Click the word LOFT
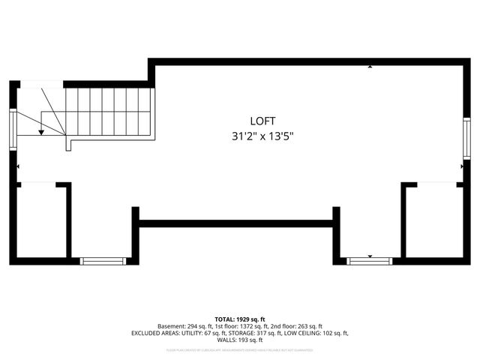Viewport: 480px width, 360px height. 262,121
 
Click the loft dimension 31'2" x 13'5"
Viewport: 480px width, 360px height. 262,136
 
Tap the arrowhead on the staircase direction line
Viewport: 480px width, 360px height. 41,132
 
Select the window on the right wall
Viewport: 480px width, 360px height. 466,137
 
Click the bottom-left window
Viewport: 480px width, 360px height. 103,261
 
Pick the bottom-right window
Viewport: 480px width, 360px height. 370,261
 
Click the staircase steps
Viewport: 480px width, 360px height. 112,111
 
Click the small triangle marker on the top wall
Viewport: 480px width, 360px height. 370,67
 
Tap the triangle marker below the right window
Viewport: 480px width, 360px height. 463,166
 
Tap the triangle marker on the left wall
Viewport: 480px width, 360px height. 17,166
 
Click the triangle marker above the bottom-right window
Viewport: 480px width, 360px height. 370,256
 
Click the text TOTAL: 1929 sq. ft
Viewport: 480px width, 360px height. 239,319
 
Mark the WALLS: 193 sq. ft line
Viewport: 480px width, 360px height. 239,340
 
